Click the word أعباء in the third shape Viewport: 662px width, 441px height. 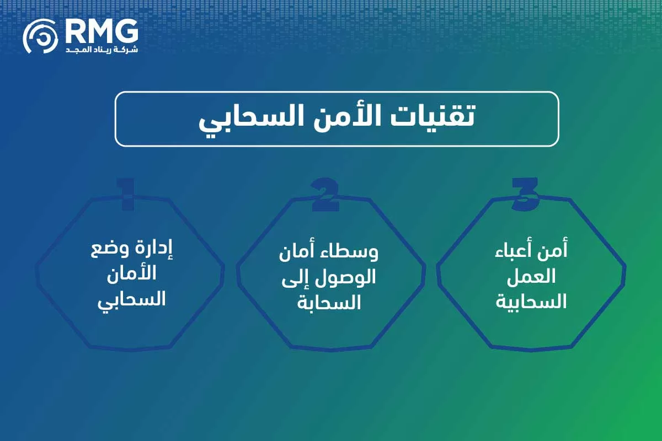click(x=517, y=251)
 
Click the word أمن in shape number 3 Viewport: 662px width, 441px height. click(x=555, y=251)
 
